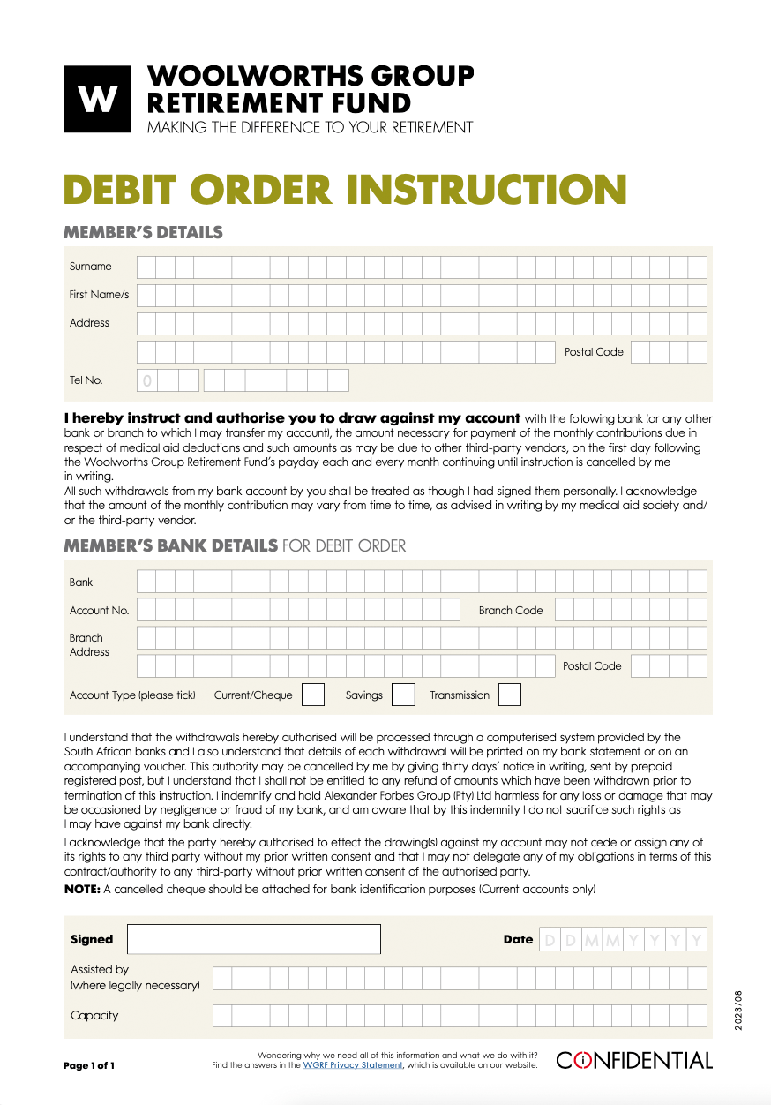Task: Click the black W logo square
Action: (97, 99)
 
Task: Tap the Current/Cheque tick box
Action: (313, 695)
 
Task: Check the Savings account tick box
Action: (403, 695)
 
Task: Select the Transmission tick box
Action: (509, 695)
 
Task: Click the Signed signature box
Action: (253, 939)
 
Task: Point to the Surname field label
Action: (91, 267)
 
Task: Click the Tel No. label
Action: (86, 380)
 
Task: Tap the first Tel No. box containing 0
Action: (147, 380)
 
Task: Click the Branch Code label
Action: (511, 610)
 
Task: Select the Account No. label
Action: (99, 610)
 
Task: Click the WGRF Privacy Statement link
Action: (353, 1065)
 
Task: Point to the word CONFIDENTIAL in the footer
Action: (633, 1060)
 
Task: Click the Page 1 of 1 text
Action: (89, 1065)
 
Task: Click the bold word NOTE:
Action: (82, 889)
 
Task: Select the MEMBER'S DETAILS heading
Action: (143, 233)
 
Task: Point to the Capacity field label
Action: (94, 1015)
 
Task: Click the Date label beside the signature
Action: (518, 940)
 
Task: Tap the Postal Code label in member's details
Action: (594, 352)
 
